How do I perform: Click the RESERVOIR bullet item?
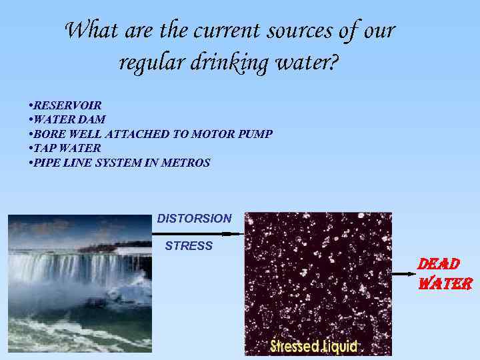(x=67, y=105)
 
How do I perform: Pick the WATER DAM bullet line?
(x=69, y=119)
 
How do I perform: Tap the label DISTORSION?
(x=194, y=219)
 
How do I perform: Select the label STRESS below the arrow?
(x=189, y=246)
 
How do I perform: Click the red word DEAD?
(x=438, y=264)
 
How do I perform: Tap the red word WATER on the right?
(x=445, y=283)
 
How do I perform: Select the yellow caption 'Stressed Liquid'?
(x=314, y=347)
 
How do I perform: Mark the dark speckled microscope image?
(x=318, y=280)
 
